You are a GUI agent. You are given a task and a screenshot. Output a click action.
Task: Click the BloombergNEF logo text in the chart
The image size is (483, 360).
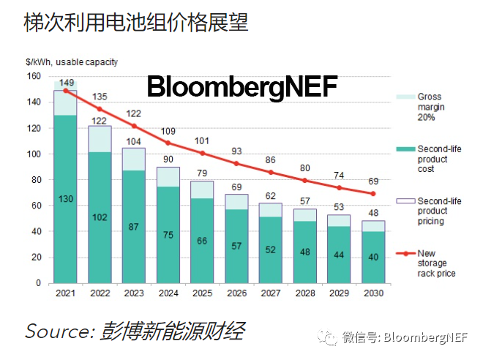pyautogui.click(x=241, y=87)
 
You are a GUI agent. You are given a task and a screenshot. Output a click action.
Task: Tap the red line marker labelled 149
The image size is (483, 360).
pyautogui.click(x=66, y=90)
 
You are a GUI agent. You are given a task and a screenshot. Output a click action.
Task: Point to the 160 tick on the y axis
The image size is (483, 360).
pyautogui.click(x=34, y=76)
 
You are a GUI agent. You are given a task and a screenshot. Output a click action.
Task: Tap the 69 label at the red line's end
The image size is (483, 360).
pyautogui.click(x=372, y=181)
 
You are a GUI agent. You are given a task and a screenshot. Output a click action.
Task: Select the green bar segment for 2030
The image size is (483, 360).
pyautogui.click(x=372, y=257)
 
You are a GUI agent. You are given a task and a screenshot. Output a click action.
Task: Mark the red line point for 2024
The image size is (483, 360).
pyautogui.click(x=168, y=143)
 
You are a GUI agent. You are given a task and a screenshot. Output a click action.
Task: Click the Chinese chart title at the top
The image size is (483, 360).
pyautogui.click(x=136, y=23)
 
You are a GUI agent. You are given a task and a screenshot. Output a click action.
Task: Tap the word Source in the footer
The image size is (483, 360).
pyautogui.click(x=56, y=331)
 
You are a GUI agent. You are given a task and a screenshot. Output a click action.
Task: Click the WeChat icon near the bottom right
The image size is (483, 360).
pyautogui.click(x=328, y=337)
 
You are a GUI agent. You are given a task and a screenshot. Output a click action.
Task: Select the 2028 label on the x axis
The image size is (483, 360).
pyautogui.click(x=304, y=293)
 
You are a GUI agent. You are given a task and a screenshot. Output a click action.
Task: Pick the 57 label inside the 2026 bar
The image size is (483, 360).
pyautogui.click(x=236, y=246)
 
